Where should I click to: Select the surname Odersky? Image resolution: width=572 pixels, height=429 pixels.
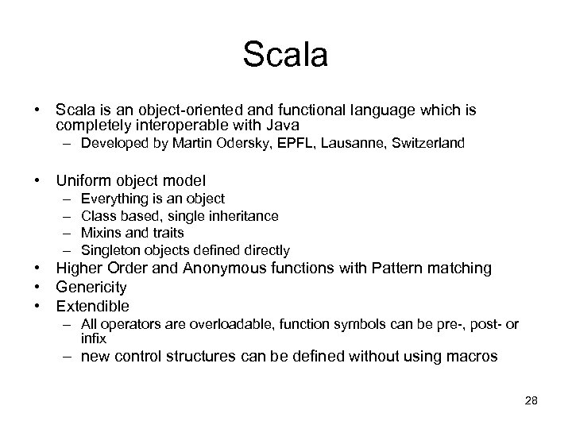point(234,145)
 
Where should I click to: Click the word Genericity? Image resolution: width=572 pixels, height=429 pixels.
point(91,287)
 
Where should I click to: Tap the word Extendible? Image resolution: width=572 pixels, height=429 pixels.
point(92,306)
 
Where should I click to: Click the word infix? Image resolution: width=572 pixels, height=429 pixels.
point(94,337)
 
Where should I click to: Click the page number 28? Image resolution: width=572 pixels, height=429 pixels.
point(531,400)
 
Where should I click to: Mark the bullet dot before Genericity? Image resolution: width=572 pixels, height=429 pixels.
point(37,287)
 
